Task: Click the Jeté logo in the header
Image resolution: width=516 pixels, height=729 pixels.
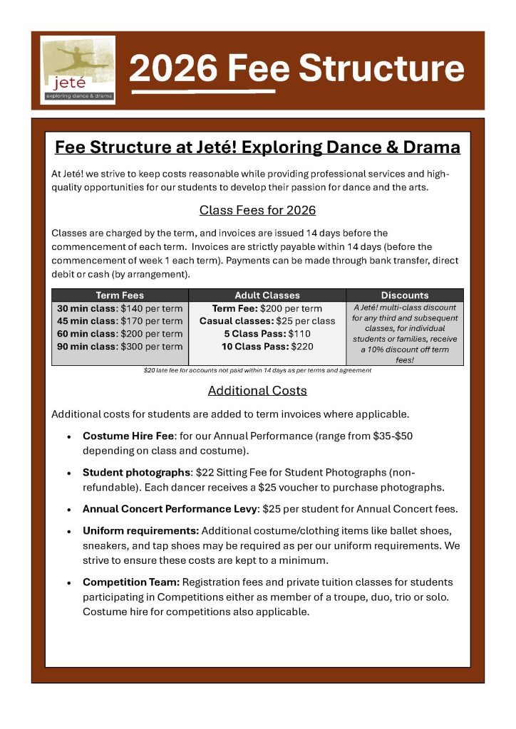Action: coord(78,70)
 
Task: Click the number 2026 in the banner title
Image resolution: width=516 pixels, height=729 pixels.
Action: coord(173,68)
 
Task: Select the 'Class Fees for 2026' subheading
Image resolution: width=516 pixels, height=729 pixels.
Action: coord(257,210)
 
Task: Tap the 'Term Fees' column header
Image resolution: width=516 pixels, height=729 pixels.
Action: coord(120,295)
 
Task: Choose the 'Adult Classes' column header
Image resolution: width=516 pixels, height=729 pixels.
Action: coord(267,295)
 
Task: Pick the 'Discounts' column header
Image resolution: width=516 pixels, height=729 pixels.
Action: coord(405,295)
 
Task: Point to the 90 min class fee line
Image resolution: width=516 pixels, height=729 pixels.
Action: coord(120,347)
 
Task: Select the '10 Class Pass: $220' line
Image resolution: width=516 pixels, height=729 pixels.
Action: coord(267,347)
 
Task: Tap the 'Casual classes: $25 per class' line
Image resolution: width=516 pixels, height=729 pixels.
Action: coord(267,321)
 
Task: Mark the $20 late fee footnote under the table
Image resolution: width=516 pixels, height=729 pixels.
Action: coord(257,370)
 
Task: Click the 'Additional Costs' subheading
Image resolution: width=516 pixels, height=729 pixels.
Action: coord(257,391)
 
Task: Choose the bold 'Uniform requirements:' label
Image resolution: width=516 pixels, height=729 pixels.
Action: coord(141,530)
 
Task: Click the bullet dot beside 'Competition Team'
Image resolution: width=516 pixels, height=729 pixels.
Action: coord(68,584)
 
